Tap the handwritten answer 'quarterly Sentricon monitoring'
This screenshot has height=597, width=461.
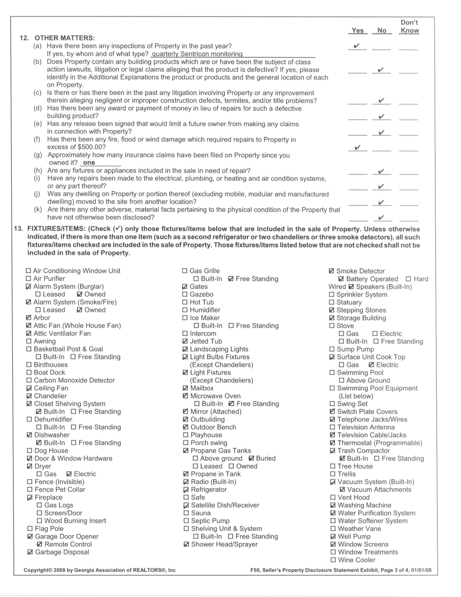click(197, 54)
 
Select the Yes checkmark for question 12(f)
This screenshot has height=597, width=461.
click(357, 148)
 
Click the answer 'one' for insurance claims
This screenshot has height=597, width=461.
click(89, 163)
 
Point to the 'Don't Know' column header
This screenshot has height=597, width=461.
click(409, 26)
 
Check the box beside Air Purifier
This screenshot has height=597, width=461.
click(28, 279)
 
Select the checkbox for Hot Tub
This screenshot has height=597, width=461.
click(185, 302)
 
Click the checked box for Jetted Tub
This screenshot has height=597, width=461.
click(185, 341)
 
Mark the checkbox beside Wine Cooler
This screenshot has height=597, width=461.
click(333, 560)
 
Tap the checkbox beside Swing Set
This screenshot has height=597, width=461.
click(332, 404)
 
